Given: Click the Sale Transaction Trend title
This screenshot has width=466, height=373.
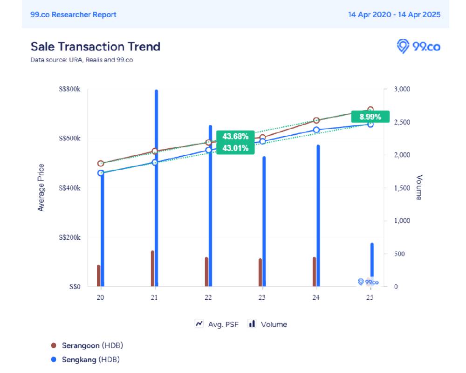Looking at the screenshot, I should [96, 47].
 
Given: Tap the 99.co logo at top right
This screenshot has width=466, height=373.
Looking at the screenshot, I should [418, 46].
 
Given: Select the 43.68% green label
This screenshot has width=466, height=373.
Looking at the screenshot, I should [235, 137].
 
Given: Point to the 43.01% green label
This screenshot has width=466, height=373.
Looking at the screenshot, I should [235, 148].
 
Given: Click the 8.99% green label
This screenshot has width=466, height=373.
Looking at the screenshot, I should [370, 117].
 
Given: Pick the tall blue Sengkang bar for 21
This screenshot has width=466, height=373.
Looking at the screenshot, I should [156, 186].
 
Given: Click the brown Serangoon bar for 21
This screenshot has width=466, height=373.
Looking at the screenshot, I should [152, 269].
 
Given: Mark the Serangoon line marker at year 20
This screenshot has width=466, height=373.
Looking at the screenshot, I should [101, 164].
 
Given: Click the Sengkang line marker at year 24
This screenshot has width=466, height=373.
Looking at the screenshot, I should [316, 130].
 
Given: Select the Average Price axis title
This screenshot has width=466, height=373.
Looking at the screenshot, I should [41, 187].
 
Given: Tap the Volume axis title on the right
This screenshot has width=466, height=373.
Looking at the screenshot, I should [418, 187].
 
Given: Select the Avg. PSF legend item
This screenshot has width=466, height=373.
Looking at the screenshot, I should [217, 324].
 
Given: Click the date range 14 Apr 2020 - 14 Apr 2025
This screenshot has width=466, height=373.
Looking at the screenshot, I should [394, 14].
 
